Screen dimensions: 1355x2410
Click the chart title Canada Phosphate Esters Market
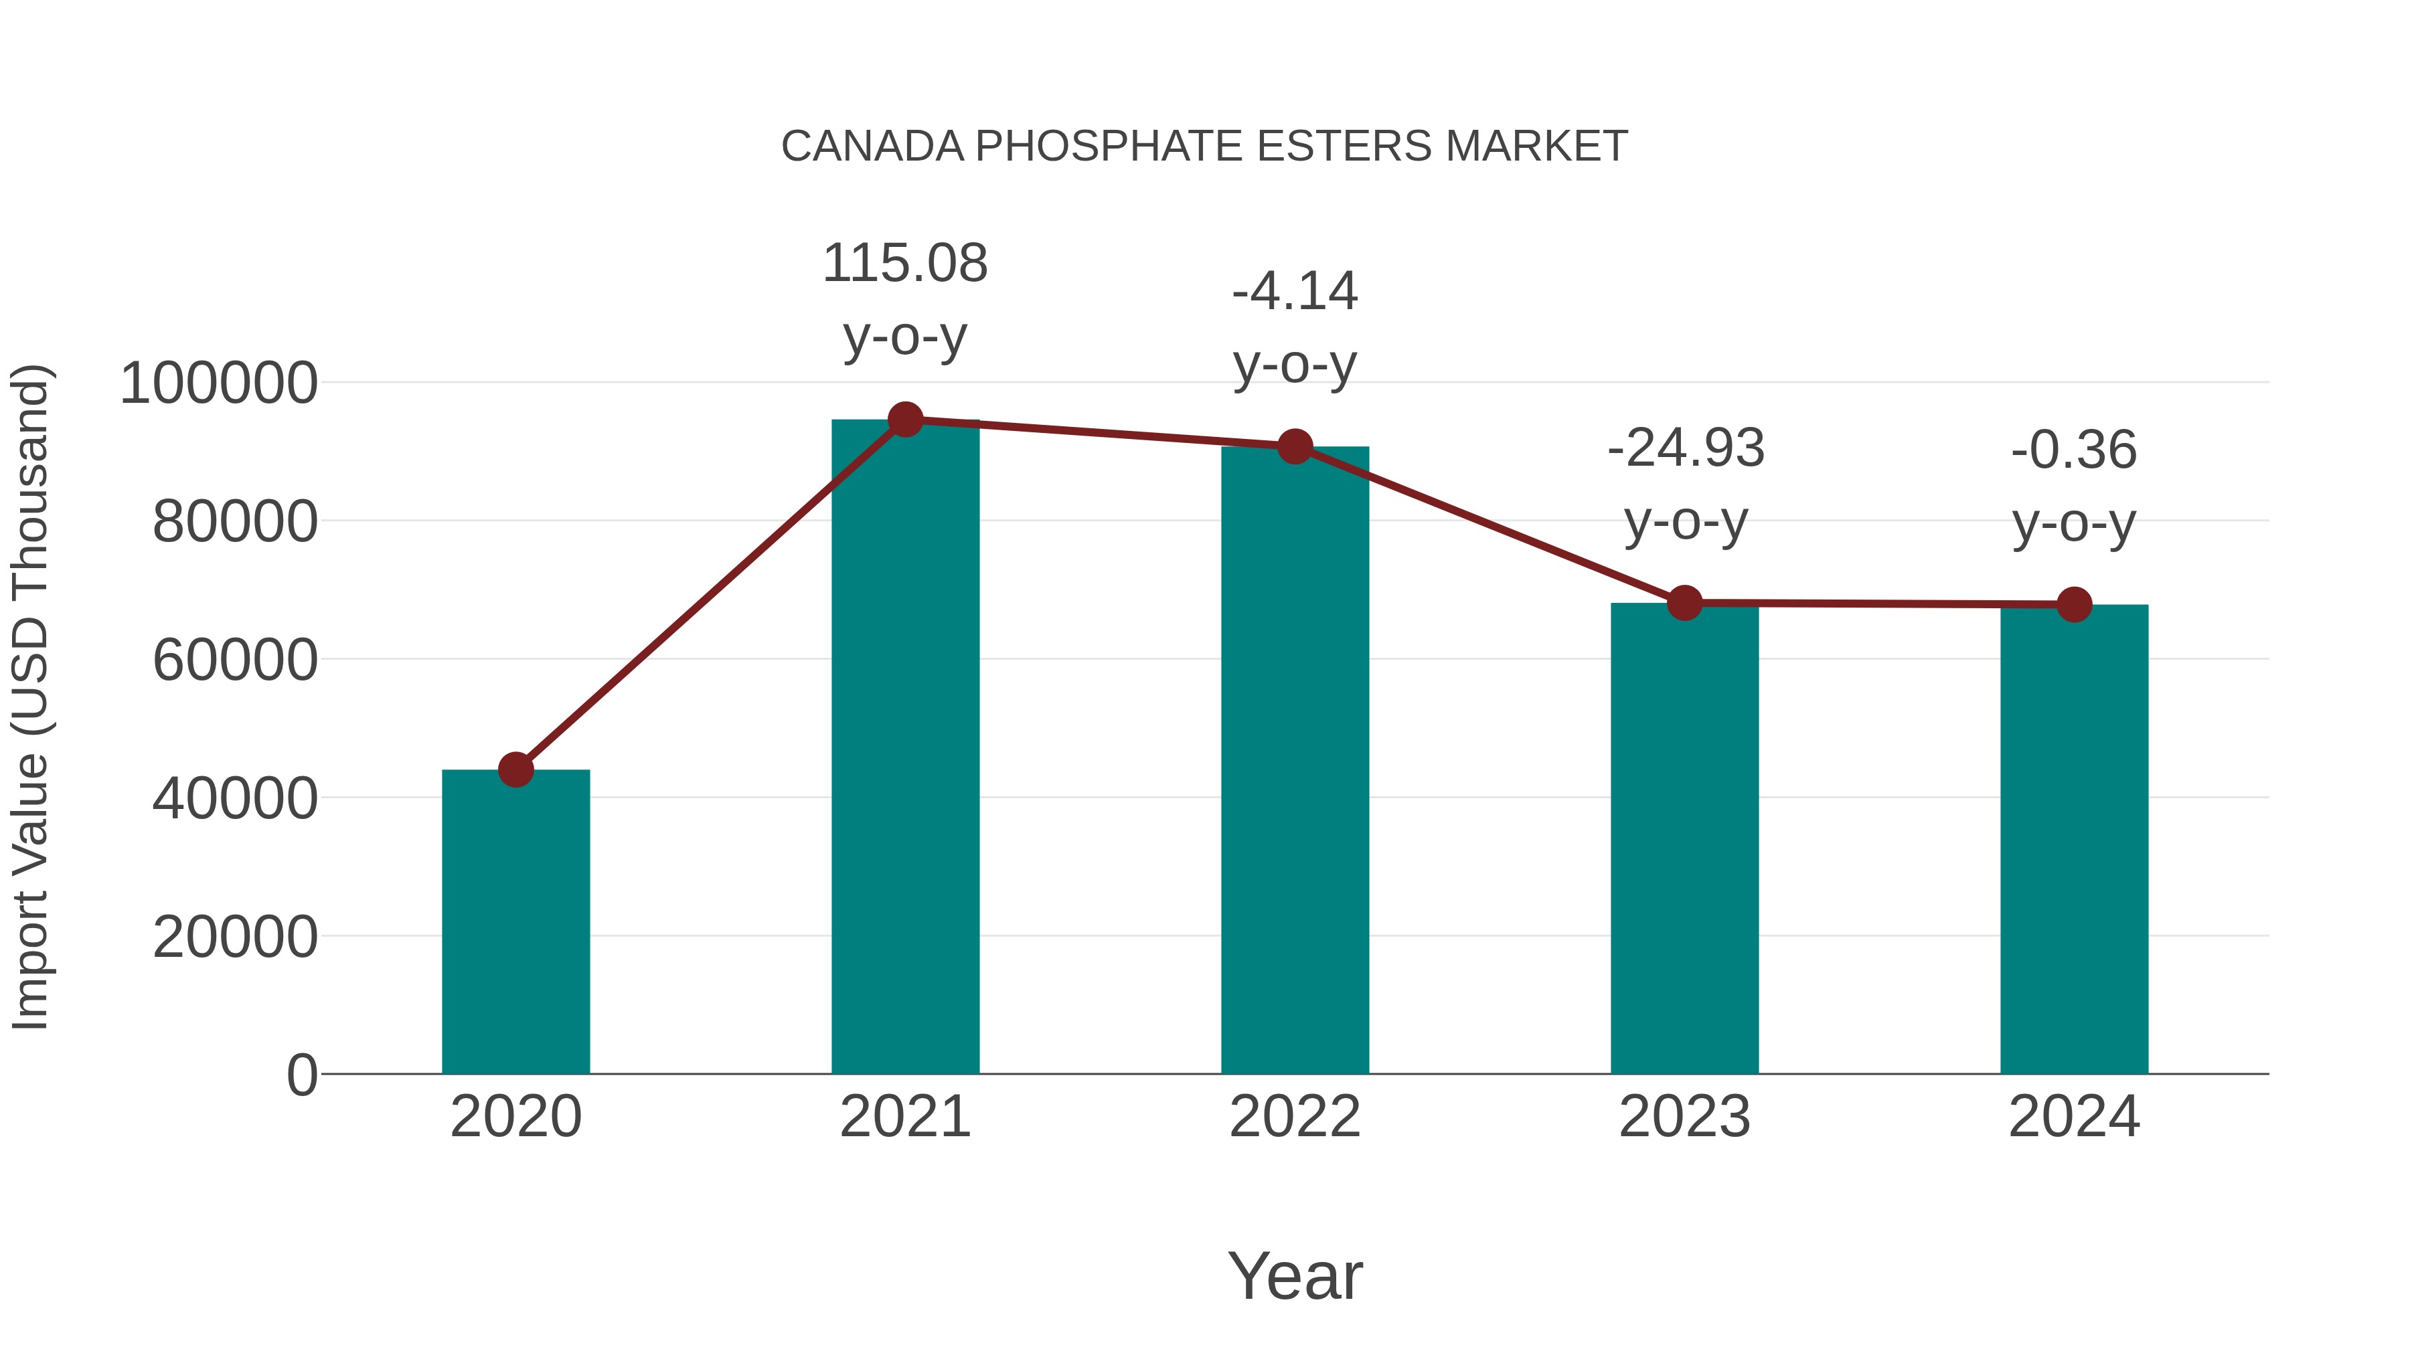coord(1204,147)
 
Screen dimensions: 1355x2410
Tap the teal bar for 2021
coord(904,748)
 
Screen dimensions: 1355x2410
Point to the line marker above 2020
coord(515,770)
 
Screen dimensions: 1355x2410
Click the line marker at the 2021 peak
coord(904,420)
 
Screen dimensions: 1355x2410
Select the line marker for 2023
coord(1684,603)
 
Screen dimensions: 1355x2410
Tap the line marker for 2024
coord(2074,605)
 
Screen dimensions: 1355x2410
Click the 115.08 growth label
coord(904,264)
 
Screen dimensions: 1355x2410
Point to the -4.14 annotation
coord(1295,292)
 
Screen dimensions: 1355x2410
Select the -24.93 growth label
coord(1685,449)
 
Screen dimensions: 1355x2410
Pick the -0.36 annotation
coord(2074,451)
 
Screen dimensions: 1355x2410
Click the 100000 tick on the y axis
coord(219,383)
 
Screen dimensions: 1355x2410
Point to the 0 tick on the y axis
coord(301,1075)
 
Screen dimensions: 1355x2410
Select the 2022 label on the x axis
coord(1295,1117)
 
